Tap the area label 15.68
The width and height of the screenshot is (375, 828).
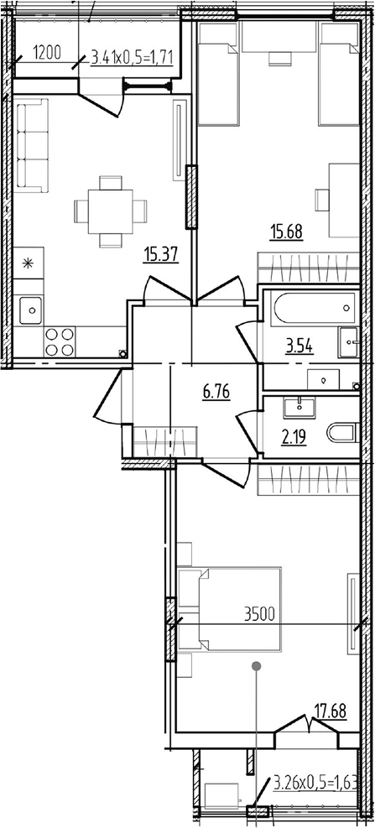[x=286, y=232]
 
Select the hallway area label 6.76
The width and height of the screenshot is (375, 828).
[x=216, y=393]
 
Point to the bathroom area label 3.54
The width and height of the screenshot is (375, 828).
[x=299, y=347]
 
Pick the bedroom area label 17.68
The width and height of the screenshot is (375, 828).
[x=331, y=711]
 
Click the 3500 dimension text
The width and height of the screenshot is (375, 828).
[x=259, y=615]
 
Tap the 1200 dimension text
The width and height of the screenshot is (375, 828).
[x=47, y=52]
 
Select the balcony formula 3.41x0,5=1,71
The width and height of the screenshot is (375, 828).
[x=133, y=55]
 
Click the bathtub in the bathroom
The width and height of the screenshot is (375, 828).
[x=315, y=308]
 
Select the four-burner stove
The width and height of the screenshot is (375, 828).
[x=60, y=341]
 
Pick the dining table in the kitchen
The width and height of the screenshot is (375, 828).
[x=111, y=211]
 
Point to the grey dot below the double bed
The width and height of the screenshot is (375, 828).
[x=257, y=665]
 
